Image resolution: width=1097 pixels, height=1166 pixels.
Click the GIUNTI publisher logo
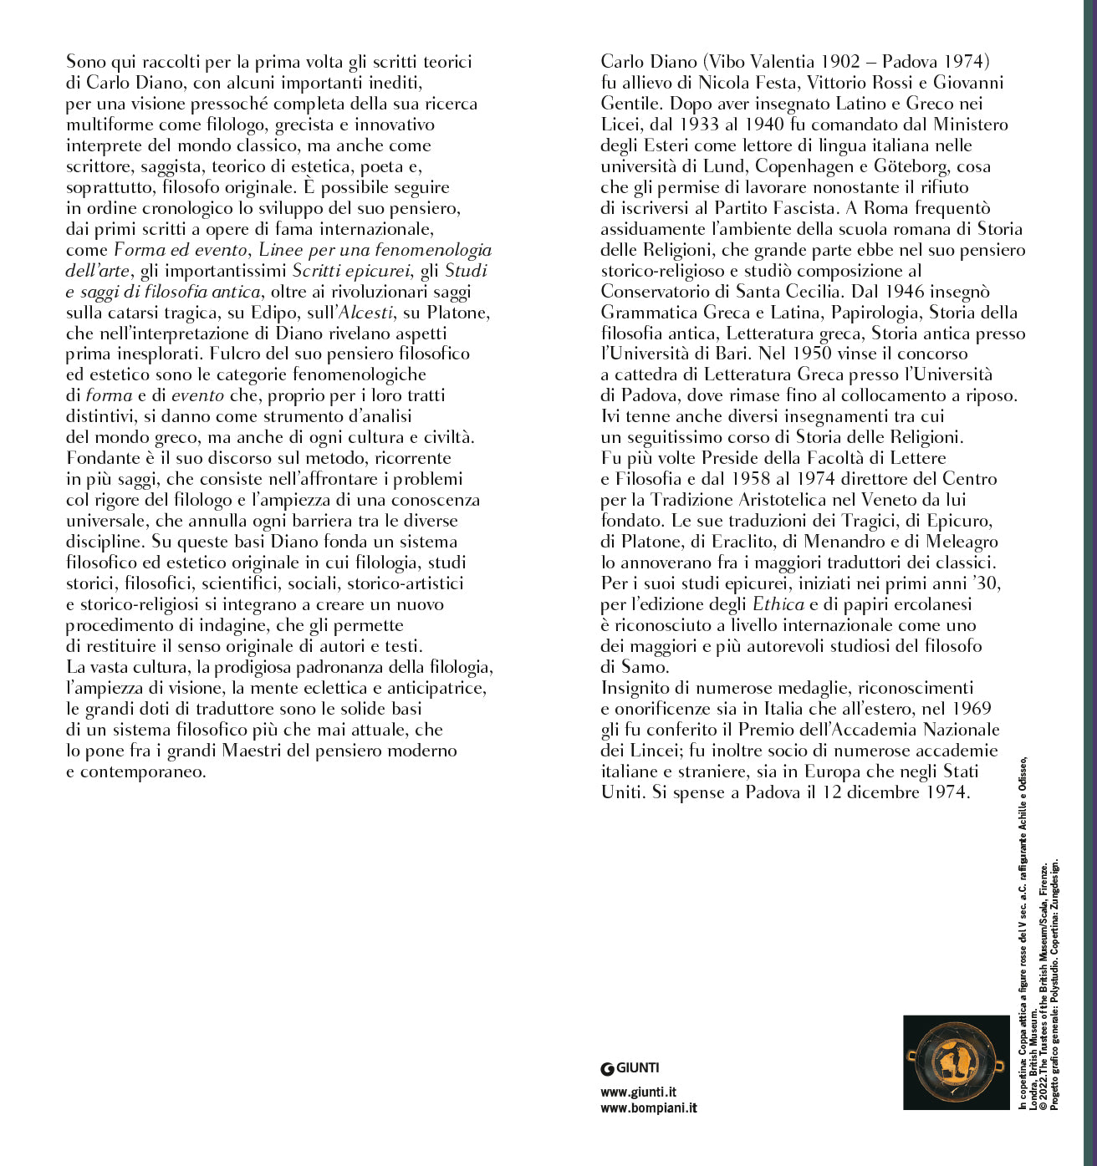(630, 1067)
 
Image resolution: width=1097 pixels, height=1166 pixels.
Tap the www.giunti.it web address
(638, 1092)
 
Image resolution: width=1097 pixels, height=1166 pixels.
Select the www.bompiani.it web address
(648, 1108)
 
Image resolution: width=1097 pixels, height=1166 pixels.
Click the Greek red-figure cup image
(956, 1062)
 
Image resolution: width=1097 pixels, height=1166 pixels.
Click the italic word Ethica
(778, 604)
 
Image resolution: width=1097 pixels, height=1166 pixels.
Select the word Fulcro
(233, 354)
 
